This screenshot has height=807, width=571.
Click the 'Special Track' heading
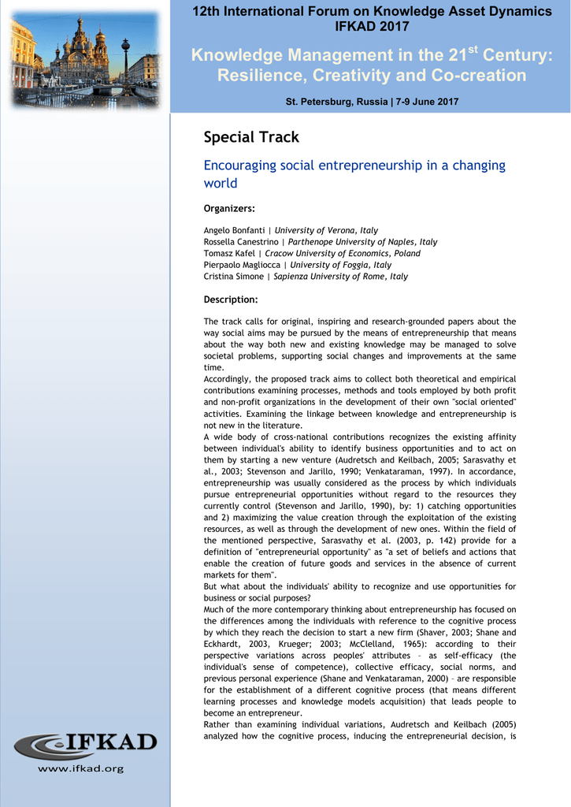point(251,137)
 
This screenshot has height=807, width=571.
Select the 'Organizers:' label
point(229,208)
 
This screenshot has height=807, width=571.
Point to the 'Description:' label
point(231,299)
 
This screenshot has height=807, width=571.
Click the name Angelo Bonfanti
point(234,230)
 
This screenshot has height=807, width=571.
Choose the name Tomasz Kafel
point(230,254)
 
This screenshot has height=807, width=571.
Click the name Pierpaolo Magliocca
point(241,266)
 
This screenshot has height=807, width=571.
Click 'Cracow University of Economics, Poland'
point(343,254)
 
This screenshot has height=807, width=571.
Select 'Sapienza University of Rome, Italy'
point(340,277)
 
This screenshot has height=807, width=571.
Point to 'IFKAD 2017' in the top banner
point(373,27)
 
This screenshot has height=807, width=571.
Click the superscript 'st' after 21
point(473,50)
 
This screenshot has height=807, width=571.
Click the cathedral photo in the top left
point(84,58)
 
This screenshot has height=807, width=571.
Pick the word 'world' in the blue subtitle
point(221,183)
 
